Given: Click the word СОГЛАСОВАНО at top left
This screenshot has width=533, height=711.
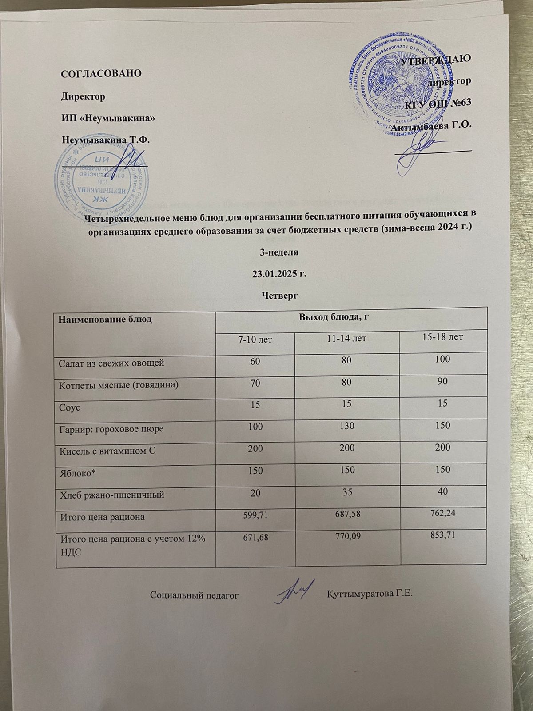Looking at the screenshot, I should click(101, 73).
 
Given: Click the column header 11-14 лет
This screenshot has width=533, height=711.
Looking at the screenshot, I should click(346, 339).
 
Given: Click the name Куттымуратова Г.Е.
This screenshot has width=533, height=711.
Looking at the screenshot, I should click(370, 594).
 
